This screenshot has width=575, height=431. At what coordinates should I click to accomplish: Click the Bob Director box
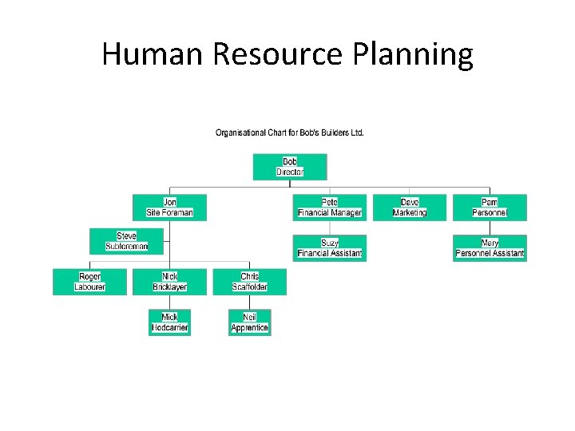coord(290,167)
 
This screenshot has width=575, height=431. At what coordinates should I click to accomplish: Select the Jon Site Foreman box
coord(169,208)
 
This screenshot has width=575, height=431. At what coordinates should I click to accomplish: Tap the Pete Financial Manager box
coord(330,208)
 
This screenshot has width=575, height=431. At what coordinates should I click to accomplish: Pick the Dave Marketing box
coord(410,208)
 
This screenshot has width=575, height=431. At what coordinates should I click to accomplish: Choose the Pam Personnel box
coord(490,208)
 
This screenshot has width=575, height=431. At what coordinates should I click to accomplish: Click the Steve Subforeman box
coord(127,241)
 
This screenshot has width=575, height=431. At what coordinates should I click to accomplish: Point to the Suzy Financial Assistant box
coord(330,247)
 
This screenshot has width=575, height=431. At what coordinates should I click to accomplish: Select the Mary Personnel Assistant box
coord(490,247)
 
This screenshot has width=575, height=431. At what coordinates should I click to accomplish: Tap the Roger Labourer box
coord(89,282)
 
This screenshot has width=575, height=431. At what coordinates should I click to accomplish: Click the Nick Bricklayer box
coord(169,282)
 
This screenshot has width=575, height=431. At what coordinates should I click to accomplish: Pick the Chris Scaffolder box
coord(249,282)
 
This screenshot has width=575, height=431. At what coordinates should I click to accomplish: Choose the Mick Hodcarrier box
coord(170,322)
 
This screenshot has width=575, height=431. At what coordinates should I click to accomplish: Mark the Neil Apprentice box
coord(249,322)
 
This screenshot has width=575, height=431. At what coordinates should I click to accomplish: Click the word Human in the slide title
coord(149,54)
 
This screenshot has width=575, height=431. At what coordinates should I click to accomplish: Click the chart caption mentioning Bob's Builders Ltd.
coord(290,132)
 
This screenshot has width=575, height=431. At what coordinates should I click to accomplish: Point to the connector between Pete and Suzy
coord(330,227)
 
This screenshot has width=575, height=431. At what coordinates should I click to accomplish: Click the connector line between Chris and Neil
coord(249,302)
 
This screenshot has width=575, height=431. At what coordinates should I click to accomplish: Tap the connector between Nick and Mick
coord(169,302)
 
